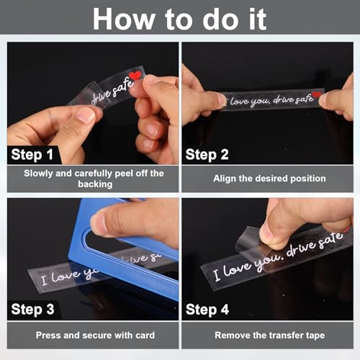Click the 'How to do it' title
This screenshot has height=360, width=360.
179,19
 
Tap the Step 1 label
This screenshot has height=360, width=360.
32,155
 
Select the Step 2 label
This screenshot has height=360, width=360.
207,155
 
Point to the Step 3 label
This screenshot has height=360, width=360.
32,310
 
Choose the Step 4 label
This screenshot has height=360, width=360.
207,310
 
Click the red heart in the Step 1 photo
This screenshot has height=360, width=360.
135,76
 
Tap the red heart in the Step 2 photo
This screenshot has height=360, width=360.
316,95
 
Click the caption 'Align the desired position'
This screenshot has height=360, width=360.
269,179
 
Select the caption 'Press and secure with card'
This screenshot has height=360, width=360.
95,336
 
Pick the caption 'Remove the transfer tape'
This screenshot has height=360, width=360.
270,336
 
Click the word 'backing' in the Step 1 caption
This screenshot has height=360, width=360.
95,184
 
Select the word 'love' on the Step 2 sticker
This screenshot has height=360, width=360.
239,102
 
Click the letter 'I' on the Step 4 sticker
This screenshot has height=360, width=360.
217,275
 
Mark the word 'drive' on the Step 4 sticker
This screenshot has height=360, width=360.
301,248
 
